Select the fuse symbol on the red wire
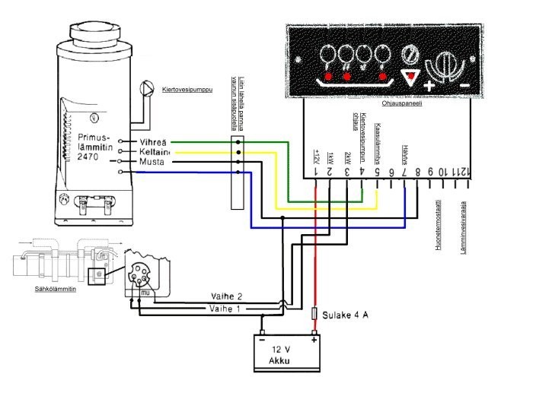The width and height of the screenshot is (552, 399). pyautogui.click(x=316, y=312)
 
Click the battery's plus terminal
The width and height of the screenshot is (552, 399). pyautogui.click(x=314, y=339)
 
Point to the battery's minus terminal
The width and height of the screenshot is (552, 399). pyautogui.click(x=262, y=339)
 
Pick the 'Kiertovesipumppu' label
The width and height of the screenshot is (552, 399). pyautogui.click(x=187, y=90)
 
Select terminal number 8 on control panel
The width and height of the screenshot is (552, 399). pyautogui.click(x=418, y=173)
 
